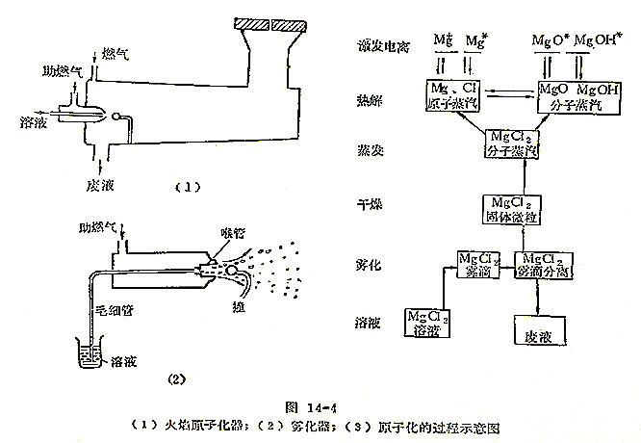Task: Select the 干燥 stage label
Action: [372, 205]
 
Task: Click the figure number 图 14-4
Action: [320, 407]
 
